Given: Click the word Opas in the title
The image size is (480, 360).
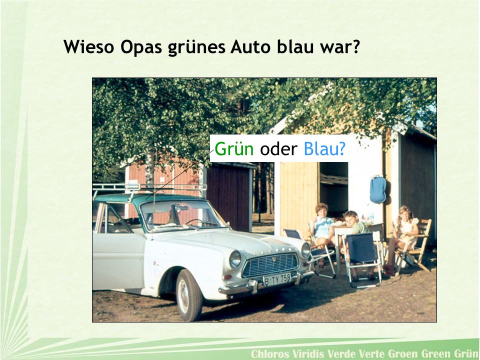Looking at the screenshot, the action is (141, 47).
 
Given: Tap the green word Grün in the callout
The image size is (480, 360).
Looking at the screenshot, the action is (234, 149).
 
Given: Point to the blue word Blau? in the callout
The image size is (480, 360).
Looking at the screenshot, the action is (324, 149).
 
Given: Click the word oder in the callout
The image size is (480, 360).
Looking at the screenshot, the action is (278, 149).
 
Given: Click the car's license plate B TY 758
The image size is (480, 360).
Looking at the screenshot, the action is (277, 279).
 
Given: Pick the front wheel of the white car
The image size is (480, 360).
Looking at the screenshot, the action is (189, 295).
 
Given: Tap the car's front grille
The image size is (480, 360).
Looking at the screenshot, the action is (270, 265).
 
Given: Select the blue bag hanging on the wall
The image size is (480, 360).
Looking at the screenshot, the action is (378, 190).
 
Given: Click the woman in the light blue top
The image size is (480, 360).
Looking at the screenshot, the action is (322, 226).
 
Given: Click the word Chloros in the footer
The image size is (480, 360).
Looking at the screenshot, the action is (270, 353).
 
